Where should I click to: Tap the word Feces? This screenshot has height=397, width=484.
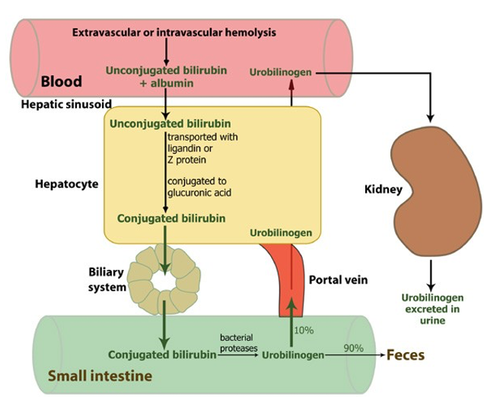(406, 354)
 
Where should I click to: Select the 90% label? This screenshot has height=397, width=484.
(354, 348)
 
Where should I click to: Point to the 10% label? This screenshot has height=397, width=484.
(304, 330)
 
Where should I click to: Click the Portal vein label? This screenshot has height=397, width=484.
(339, 280)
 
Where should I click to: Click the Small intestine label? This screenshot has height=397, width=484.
(100, 376)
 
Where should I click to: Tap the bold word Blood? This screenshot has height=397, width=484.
(62, 81)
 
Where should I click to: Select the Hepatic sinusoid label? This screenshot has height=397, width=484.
(66, 104)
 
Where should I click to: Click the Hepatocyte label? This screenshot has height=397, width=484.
(67, 184)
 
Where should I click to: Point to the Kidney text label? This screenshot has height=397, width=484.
(384, 189)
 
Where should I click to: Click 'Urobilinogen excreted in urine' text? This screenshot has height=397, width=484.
(432, 309)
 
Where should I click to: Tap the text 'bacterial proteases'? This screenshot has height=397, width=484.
(239, 343)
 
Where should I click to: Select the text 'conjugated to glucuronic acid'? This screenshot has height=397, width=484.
(199, 187)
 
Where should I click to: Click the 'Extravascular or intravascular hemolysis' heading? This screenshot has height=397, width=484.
(174, 33)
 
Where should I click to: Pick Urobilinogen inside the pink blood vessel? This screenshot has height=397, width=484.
(281, 72)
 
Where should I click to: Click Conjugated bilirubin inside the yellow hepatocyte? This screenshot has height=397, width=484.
(171, 218)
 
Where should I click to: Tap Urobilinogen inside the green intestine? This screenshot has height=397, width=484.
(293, 355)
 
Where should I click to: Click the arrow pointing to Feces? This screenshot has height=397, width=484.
(355, 355)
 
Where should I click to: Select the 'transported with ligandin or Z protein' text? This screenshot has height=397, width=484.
(202, 148)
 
